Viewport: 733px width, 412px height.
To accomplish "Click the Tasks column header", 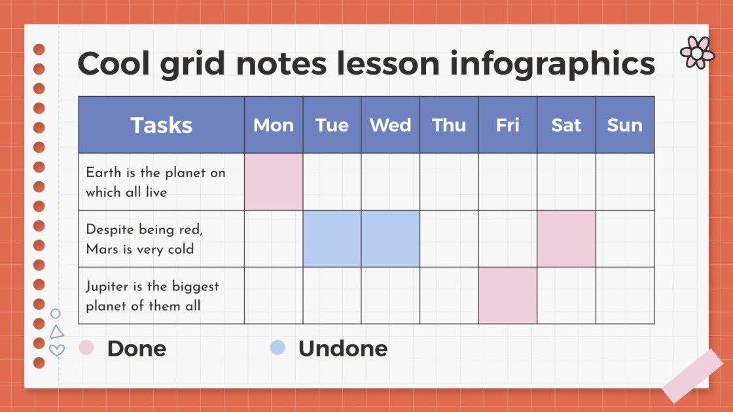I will pyautogui.click(x=161, y=125).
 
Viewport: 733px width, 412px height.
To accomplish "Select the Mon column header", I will pyautogui.click(x=274, y=125).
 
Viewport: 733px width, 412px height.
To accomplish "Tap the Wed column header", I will pyautogui.click(x=391, y=125).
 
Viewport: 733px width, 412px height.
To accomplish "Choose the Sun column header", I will pyautogui.click(x=624, y=125).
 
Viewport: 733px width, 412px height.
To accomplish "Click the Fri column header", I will pyautogui.click(x=508, y=125).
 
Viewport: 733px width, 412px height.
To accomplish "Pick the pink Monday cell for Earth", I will pyautogui.click(x=274, y=182).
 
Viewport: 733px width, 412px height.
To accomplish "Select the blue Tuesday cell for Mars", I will pyautogui.click(x=332, y=239).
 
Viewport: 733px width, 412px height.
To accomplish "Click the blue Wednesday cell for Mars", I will pyautogui.click(x=391, y=239).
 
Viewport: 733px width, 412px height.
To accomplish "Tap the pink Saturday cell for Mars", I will pyautogui.click(x=566, y=239).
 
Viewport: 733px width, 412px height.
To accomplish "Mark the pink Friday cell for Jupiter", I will pyautogui.click(x=508, y=296).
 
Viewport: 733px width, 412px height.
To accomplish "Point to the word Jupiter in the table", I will pyautogui.click(x=106, y=286).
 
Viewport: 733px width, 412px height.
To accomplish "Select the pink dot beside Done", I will pyautogui.click(x=86, y=347).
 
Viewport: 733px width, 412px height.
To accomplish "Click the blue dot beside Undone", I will pyautogui.click(x=277, y=347).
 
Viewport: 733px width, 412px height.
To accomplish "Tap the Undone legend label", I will pyautogui.click(x=342, y=348).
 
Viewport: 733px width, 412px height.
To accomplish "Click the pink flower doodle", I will pyautogui.click(x=697, y=52).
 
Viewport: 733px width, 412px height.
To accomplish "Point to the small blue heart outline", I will pyautogui.click(x=57, y=350).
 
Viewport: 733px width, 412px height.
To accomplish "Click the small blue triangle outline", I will pyautogui.click(x=57, y=332).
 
